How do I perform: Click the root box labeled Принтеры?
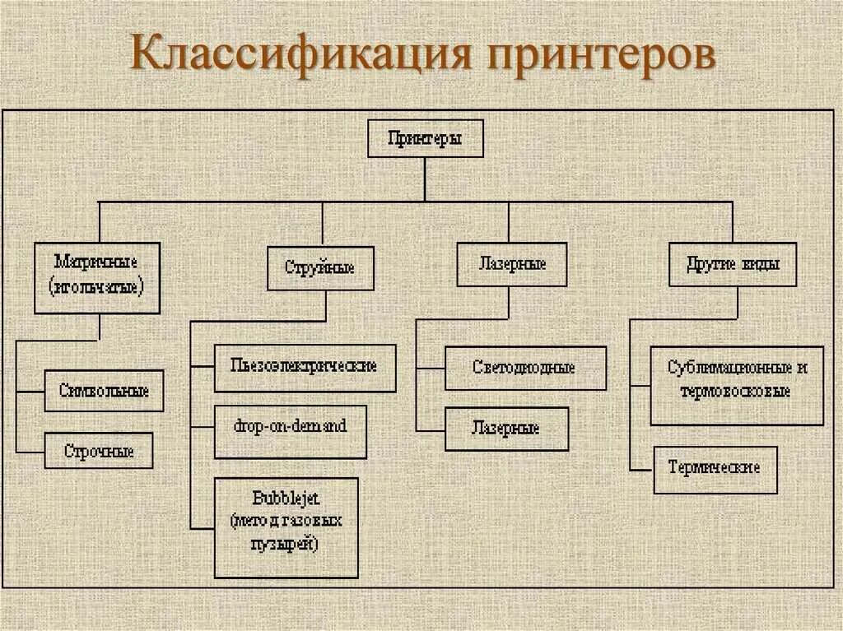click(424, 138)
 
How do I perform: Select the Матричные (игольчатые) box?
click(96, 277)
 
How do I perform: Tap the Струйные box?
click(319, 267)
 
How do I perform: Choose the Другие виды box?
click(732, 264)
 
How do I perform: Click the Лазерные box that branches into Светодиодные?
click(511, 264)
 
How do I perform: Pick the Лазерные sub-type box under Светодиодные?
click(506, 429)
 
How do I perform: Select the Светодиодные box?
click(524, 368)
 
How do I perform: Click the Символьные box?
click(104, 391)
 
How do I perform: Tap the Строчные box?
click(99, 450)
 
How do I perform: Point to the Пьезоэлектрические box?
click(305, 366)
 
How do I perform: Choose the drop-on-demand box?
click(290, 427)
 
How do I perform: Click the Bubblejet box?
click(286, 527)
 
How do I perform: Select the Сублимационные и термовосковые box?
click(736, 379)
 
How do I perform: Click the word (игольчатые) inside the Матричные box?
click(96, 288)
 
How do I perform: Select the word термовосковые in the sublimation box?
click(736, 392)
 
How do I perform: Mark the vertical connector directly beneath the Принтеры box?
click(425, 179)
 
